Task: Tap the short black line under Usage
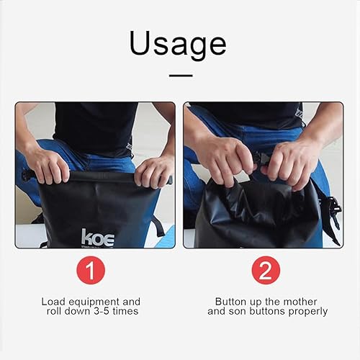(x=180, y=74)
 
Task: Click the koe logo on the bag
(x=97, y=237)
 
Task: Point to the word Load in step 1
(x=53, y=301)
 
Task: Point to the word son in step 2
(x=239, y=311)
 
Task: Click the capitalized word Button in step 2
(x=230, y=301)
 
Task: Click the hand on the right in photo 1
(x=153, y=171)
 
